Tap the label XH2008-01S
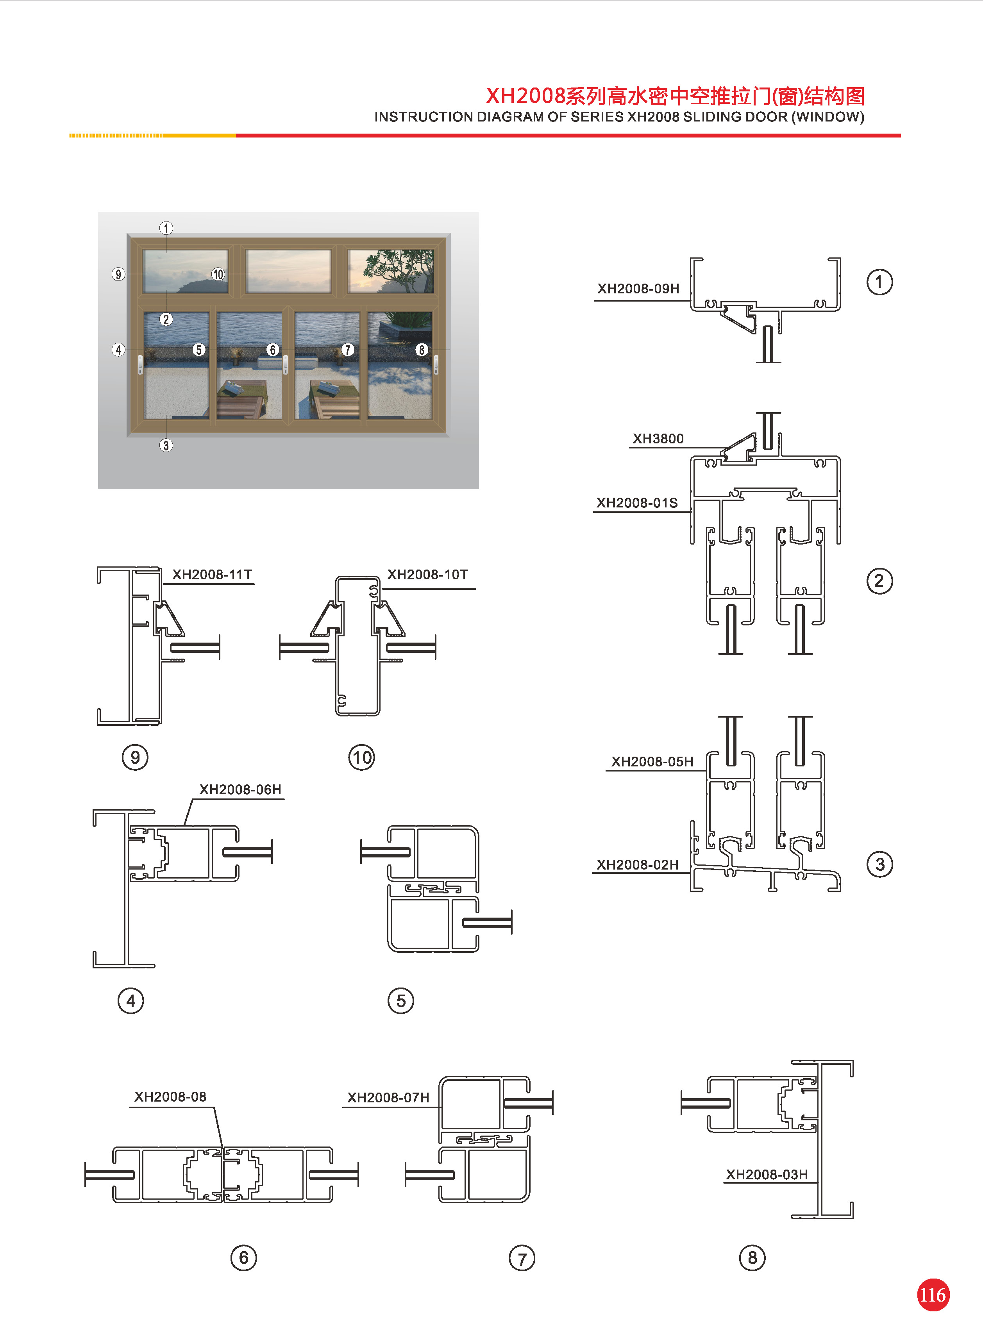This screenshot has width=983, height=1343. click(x=637, y=503)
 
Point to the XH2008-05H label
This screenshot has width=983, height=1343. click(x=652, y=761)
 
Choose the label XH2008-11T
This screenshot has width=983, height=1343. click(x=212, y=575)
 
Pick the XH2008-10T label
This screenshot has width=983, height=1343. click(x=427, y=575)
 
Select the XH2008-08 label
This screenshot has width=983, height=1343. click(x=170, y=1097)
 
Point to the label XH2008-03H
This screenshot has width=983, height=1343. click(x=767, y=1175)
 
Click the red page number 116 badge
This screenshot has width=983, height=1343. click(x=933, y=1295)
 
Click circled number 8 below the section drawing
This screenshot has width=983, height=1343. click(x=752, y=1258)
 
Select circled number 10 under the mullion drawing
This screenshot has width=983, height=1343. click(x=361, y=757)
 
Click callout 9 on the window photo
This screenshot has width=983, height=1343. click(x=118, y=274)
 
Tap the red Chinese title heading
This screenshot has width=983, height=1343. click(x=676, y=96)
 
